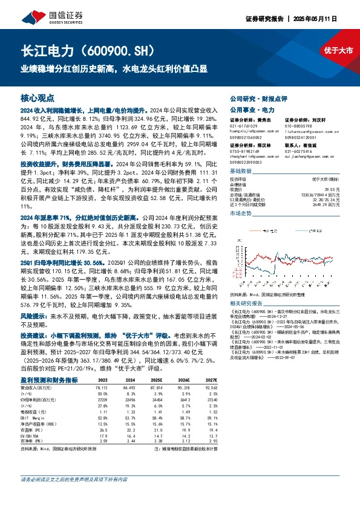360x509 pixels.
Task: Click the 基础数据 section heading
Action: pyautogui.click(x=241, y=171)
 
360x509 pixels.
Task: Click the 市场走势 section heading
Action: pyautogui.click(x=241, y=214)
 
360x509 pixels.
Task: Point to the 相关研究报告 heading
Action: pyautogui.click(x=248, y=302)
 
